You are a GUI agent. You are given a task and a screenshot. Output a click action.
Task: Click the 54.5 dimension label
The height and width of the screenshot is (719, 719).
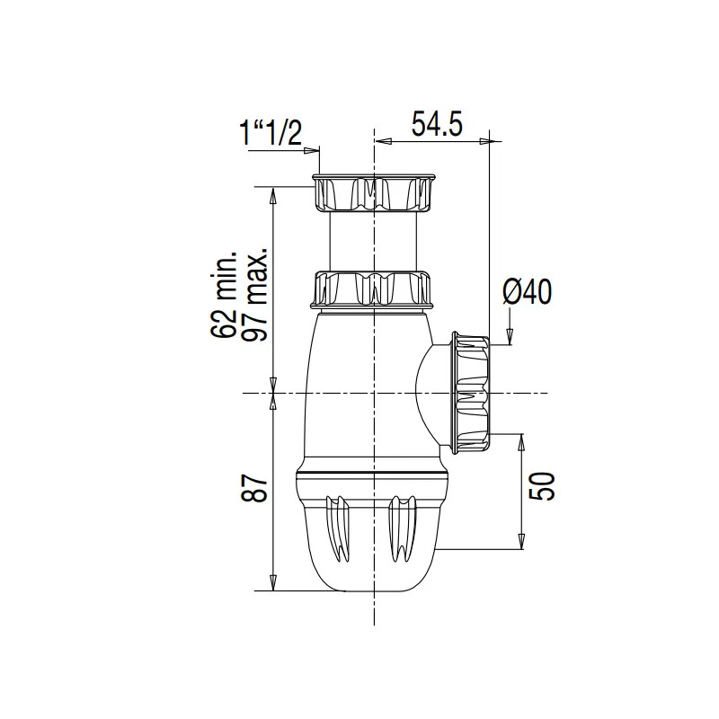click(436, 124)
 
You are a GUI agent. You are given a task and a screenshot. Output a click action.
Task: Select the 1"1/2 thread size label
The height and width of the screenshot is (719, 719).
click(269, 134)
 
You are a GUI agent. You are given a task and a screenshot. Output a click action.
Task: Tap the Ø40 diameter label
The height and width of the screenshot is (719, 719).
click(527, 292)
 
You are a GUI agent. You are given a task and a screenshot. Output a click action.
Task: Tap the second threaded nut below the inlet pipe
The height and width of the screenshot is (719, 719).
click(373, 288)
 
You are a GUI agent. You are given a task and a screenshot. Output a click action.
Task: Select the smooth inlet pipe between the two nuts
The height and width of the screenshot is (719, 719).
click(373, 240)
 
